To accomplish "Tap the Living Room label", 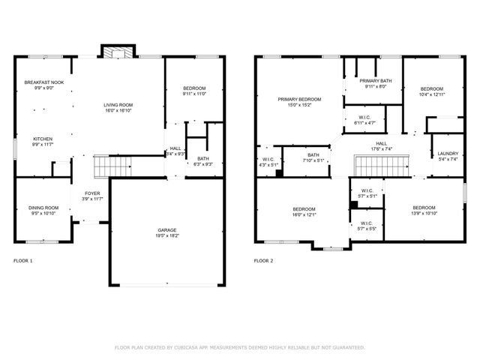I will (119, 104).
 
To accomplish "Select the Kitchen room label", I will (42, 139).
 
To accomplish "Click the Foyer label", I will (91, 193).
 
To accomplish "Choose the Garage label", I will (167, 229).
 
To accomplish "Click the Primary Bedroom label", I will (299, 100).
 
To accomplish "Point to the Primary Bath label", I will (374, 81).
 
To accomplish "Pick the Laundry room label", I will (448, 153).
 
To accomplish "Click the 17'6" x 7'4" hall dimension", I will (382, 148).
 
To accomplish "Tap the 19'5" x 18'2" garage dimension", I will (167, 235).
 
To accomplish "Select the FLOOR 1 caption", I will (23, 260).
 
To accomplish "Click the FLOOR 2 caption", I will (263, 260).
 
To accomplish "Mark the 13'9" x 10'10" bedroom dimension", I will (424, 214).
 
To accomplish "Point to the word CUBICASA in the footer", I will (196, 347).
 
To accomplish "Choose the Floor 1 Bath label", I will (203, 158).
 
